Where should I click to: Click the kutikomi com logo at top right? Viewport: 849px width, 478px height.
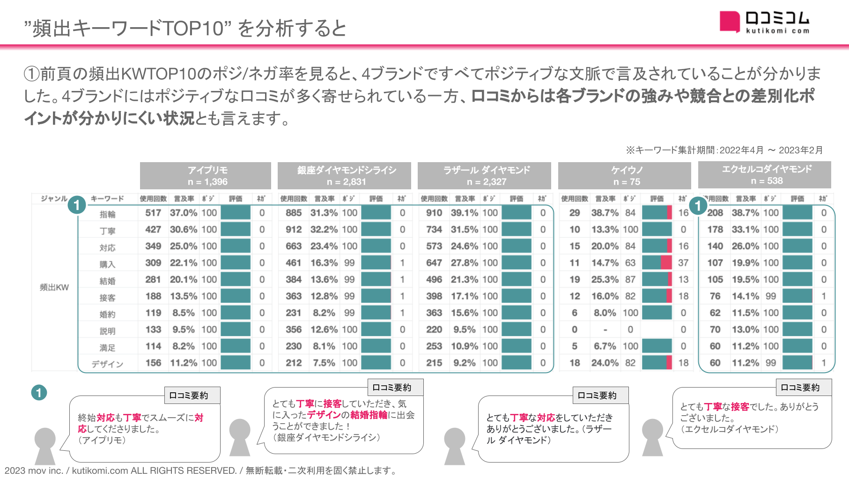[764, 22]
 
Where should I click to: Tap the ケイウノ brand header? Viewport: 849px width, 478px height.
[625, 176]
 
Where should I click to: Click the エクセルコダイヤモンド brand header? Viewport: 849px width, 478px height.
[765, 175]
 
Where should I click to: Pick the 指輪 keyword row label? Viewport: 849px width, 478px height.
[107, 214]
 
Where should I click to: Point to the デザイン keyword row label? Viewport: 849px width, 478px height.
[107, 364]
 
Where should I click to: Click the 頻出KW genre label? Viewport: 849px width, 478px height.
[54, 287]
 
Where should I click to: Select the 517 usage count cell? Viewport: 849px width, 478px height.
[153, 213]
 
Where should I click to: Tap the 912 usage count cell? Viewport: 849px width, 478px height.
[294, 230]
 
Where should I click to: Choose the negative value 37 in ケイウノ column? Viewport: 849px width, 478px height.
[683, 263]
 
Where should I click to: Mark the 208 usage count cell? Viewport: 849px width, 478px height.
[715, 213]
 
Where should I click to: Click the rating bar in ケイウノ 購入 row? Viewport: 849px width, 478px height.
[657, 263]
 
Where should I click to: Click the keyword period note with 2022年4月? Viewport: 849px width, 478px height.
[724, 150]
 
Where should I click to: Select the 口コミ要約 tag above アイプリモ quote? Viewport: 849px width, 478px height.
[192, 396]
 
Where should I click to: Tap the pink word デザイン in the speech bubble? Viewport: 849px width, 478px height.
[324, 415]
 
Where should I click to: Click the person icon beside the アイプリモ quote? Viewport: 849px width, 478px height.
[45, 445]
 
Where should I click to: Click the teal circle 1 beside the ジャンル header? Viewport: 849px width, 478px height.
[76, 205]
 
